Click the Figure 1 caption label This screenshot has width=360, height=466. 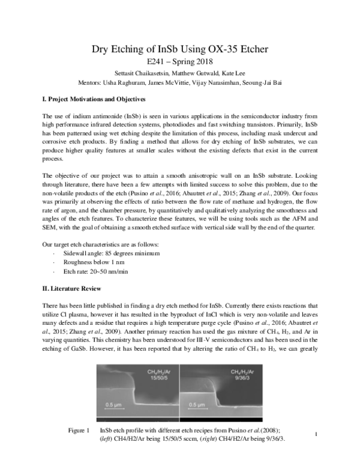79,431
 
